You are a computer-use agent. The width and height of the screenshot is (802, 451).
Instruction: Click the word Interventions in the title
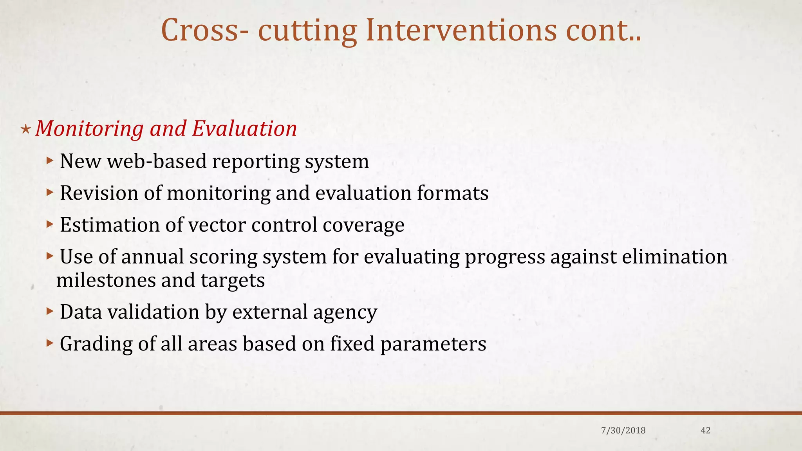(461, 31)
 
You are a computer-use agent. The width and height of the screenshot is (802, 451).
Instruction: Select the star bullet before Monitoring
(25, 129)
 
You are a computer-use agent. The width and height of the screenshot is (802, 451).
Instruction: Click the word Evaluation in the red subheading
(244, 128)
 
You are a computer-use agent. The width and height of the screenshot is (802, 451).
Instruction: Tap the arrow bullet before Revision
(49, 192)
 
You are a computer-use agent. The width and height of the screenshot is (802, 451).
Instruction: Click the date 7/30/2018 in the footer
(623, 431)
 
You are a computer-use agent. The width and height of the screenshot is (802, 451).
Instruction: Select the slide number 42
(705, 431)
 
